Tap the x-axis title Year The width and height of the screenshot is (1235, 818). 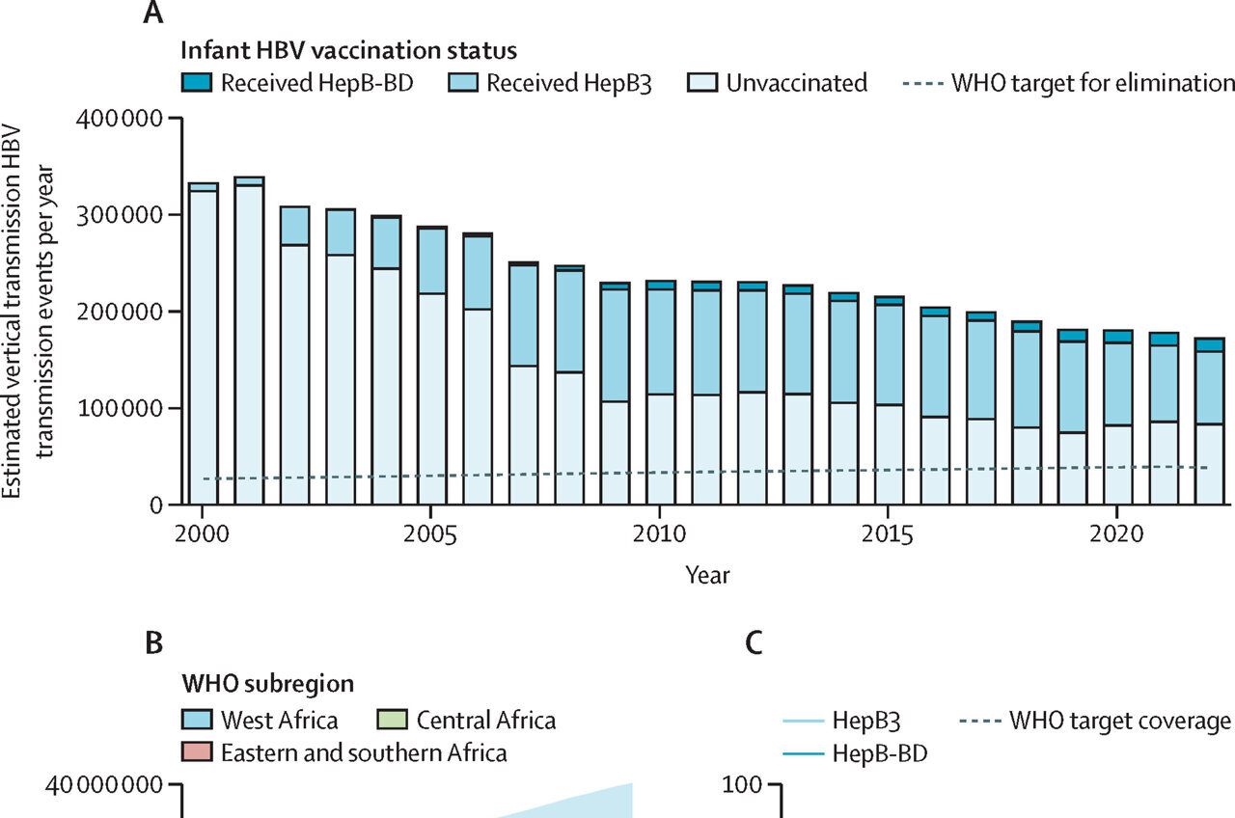(707, 576)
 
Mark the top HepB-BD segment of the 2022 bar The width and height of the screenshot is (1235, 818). (1210, 345)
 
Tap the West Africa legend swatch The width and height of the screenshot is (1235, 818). (198, 721)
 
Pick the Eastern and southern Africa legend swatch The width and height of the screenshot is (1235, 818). (198, 752)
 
